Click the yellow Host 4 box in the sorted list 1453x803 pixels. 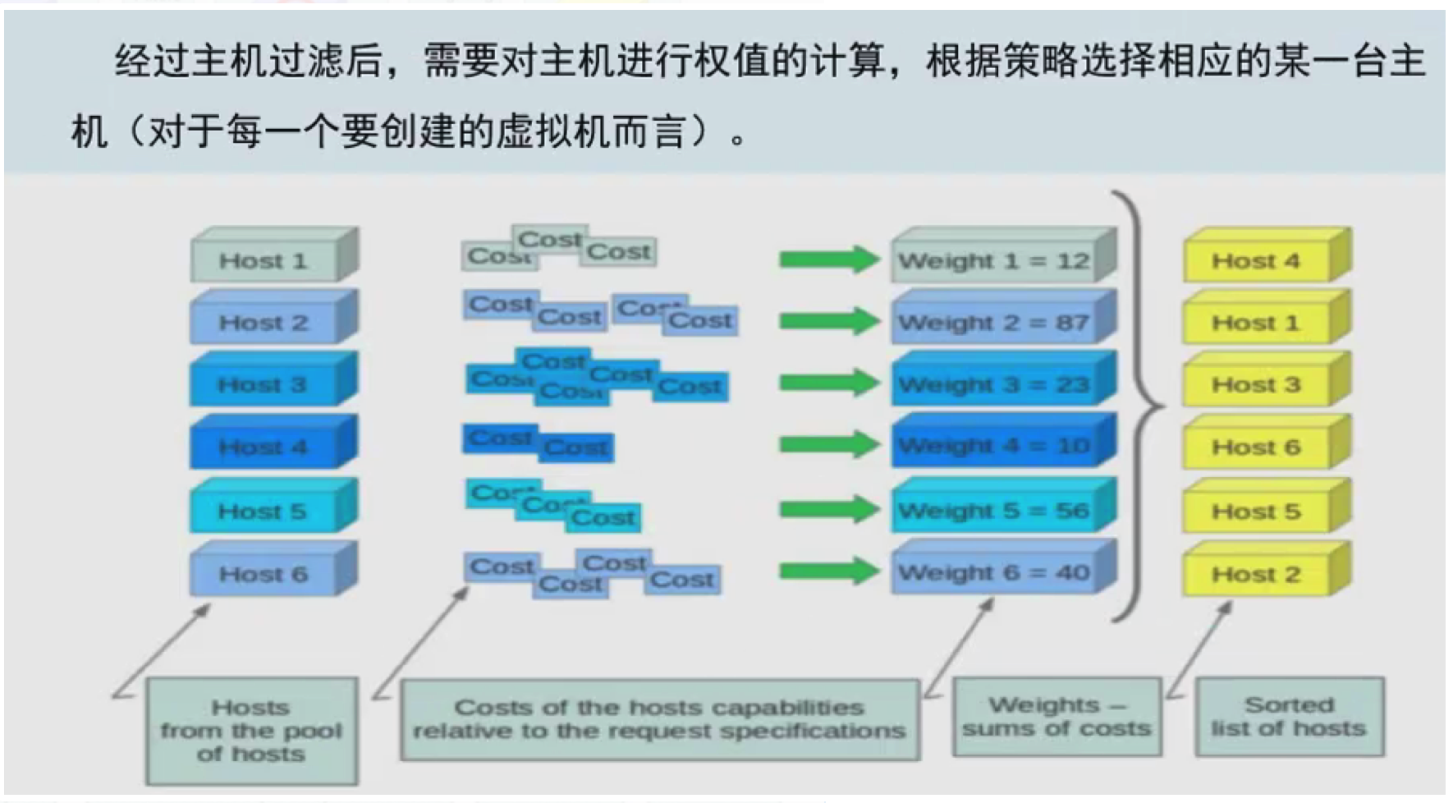point(1256,261)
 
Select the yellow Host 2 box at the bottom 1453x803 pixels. point(1256,574)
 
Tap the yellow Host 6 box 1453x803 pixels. point(1256,447)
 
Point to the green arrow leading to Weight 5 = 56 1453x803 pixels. point(827,510)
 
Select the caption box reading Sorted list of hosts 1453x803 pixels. point(1289,717)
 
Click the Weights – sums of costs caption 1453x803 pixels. point(1057,717)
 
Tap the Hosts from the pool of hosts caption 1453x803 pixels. point(251,730)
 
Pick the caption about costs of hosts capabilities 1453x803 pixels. point(659,719)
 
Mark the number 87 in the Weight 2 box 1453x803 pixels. point(1072,323)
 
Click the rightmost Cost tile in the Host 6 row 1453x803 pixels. point(682,580)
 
